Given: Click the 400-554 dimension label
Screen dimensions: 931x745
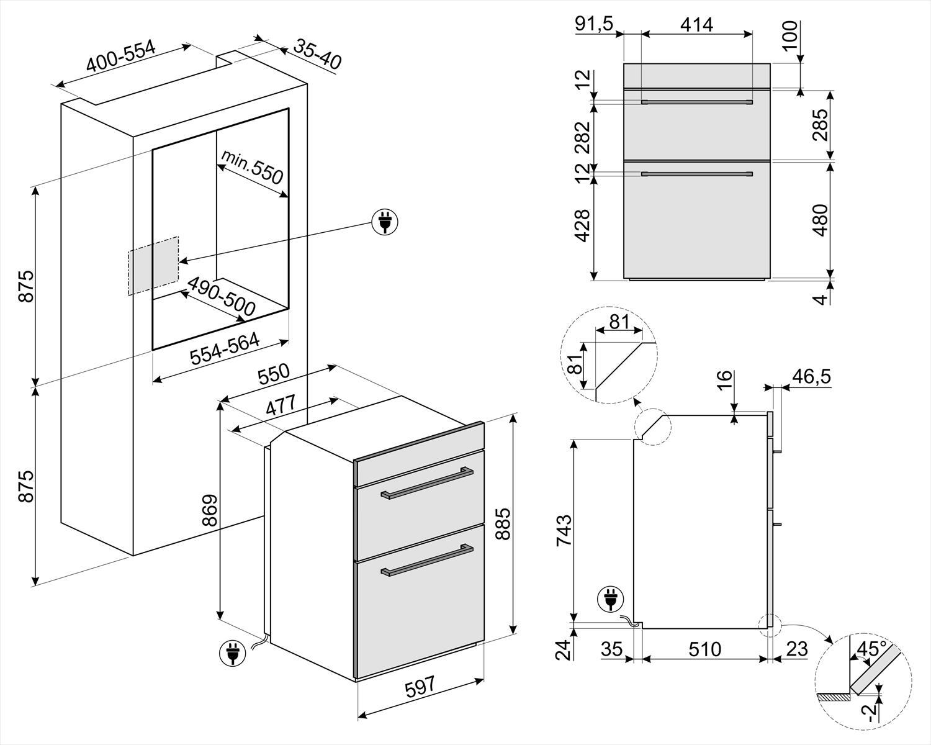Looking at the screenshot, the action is coord(120,56).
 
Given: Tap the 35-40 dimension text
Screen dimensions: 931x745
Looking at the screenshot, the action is coord(318,55).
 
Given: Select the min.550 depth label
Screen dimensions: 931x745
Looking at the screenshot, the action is coord(252,167).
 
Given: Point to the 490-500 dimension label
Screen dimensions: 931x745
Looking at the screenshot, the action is coord(221,297).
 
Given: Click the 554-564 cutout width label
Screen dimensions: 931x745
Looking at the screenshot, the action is coord(225,348).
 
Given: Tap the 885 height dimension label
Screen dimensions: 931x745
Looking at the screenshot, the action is coord(503,524).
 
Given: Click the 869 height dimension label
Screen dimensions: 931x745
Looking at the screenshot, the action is coord(210,510).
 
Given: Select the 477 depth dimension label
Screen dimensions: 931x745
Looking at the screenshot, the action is coord(281,405).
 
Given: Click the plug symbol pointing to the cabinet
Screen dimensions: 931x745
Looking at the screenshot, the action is coord(385,223).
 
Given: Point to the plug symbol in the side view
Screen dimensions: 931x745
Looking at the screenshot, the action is coord(611,600).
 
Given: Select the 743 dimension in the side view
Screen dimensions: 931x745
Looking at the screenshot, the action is coord(564,530).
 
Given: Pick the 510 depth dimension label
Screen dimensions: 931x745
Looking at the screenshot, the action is coord(704,649).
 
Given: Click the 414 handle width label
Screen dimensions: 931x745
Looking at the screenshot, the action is coord(696,25).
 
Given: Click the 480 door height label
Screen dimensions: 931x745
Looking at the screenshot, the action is coord(821,220).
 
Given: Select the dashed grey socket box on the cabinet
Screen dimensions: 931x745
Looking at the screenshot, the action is coord(153,266).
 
